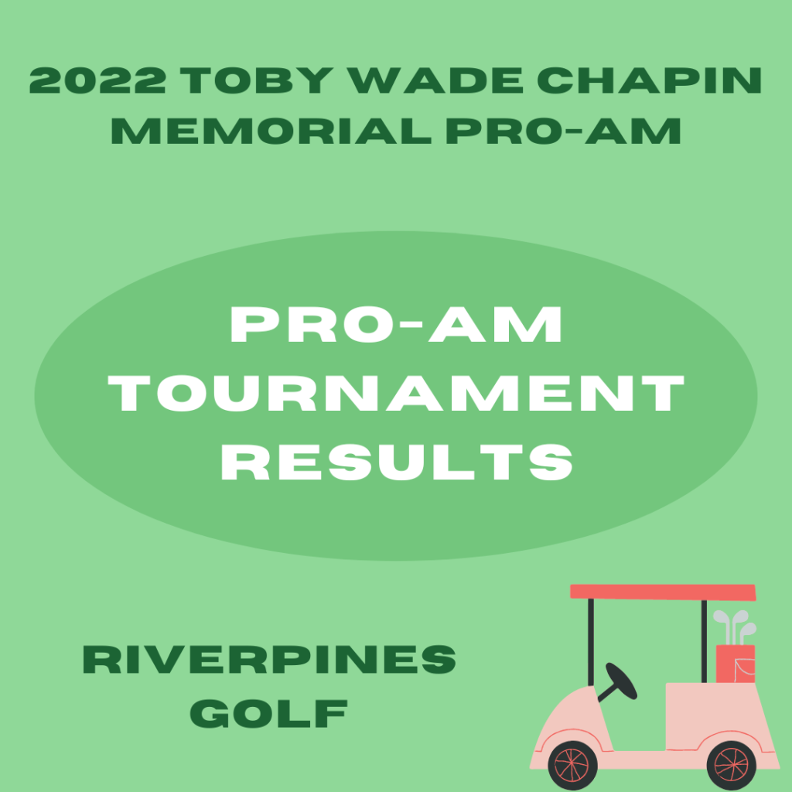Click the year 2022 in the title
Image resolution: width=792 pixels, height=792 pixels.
(x=97, y=80)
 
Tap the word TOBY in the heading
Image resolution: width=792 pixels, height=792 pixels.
(x=257, y=80)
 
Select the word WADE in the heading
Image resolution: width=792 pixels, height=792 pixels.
(x=435, y=80)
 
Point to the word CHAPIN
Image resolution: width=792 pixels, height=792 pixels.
(x=649, y=80)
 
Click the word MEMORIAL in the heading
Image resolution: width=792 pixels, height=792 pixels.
(x=271, y=131)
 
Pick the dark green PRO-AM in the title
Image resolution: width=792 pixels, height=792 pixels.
(x=563, y=131)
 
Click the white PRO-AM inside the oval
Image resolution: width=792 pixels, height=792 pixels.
(x=396, y=324)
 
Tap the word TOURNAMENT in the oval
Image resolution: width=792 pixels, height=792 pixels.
(x=396, y=393)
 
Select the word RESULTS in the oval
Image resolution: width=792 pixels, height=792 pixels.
(x=397, y=462)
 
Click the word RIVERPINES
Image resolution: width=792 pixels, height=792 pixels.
(x=269, y=659)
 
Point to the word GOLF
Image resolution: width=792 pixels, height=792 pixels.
(x=268, y=713)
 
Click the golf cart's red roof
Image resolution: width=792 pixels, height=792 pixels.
(x=663, y=592)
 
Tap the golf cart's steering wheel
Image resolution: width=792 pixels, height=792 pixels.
(x=621, y=681)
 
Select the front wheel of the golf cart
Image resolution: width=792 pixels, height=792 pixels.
(x=572, y=766)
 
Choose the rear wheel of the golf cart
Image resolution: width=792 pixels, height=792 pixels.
(x=732, y=766)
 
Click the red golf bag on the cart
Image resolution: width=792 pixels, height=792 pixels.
(x=736, y=664)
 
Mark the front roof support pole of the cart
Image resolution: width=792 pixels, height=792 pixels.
(x=591, y=643)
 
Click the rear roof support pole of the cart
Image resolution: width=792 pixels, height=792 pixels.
(x=704, y=641)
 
